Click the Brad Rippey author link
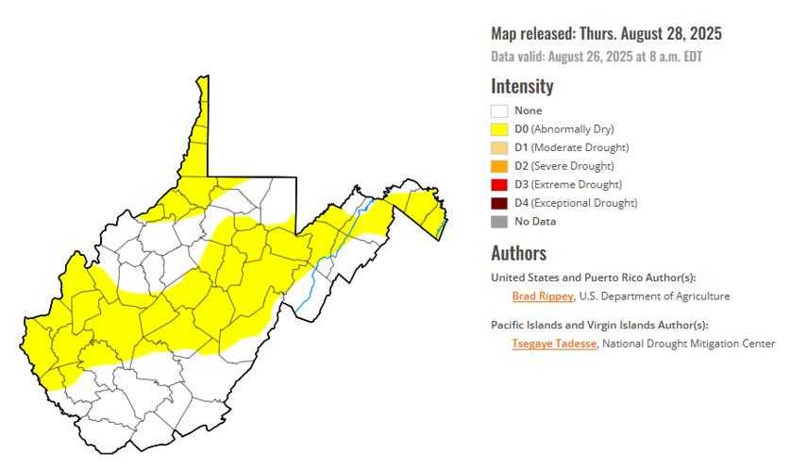542,296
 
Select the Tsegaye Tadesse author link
554,344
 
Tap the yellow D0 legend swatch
499,129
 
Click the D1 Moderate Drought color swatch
499,147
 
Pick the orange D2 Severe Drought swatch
499,166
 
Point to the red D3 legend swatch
499,184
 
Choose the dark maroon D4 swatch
499,203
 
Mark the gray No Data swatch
499,221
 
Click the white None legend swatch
499,110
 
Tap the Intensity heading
522,86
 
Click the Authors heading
518,253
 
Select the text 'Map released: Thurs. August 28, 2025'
606,34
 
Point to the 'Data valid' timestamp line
597,57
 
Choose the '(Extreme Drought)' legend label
575,184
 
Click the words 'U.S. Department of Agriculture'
654,296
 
